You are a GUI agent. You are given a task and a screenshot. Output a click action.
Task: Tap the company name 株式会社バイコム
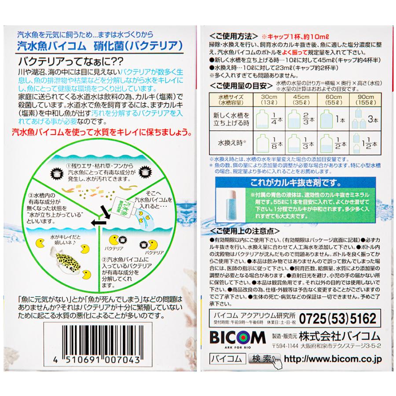[x=339, y=336]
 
